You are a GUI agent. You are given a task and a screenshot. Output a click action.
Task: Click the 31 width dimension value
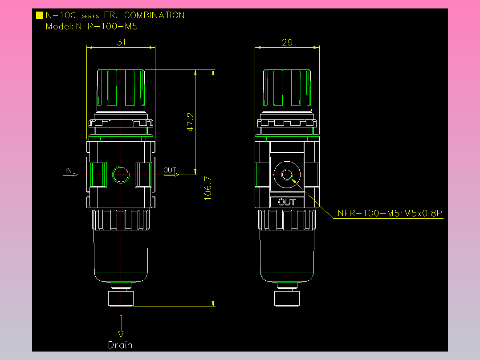pos(121,42)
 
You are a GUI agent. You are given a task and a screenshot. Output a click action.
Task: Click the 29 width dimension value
pos(287,42)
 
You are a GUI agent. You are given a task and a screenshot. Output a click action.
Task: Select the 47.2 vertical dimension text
pos(191,122)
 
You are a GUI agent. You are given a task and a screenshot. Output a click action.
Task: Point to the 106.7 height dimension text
pos(208,188)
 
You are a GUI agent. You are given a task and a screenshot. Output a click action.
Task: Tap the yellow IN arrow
pos(70,175)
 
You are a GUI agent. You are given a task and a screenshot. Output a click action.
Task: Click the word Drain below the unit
pos(120,345)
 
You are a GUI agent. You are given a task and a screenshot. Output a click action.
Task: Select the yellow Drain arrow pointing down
pos(121,327)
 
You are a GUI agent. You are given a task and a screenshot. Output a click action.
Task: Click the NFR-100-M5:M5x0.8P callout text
pos(390,213)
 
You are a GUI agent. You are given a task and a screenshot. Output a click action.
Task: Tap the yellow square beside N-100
pos(40,15)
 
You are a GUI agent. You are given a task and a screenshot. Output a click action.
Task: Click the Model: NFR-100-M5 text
pos(92,26)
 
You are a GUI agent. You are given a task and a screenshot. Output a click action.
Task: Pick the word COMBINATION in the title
pos(154,15)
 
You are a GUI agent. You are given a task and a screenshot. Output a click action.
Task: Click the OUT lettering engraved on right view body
pos(287,202)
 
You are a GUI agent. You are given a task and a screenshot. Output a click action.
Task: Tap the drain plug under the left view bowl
pos(121,298)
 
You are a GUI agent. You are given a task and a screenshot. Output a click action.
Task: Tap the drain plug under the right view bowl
pos(287,298)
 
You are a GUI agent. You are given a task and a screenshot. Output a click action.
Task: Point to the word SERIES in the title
pos(90,16)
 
